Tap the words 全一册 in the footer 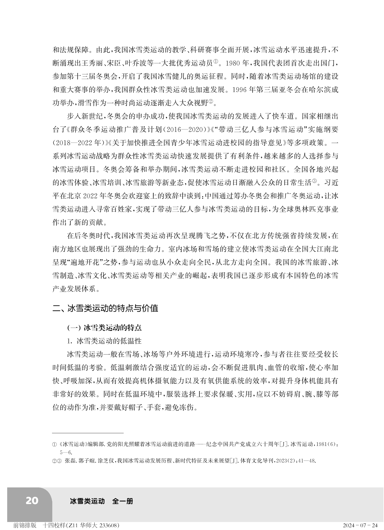[x=123, y=501]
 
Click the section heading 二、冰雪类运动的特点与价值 [x=105, y=308]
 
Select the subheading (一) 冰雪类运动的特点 [x=104, y=328]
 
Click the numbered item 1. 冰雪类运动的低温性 [x=104, y=341]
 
